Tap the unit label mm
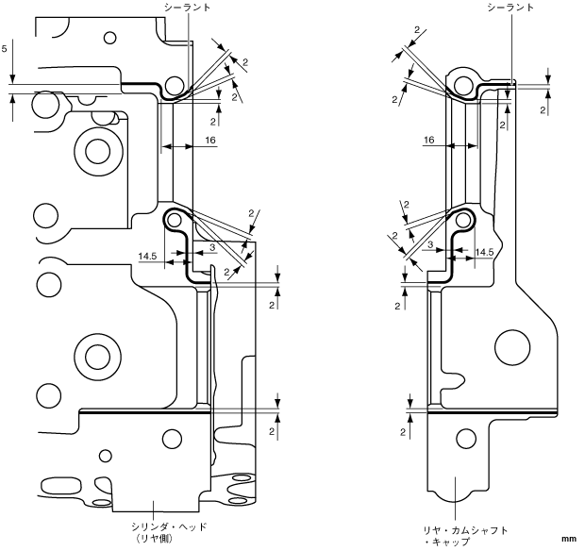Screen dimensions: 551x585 click(x=568, y=539)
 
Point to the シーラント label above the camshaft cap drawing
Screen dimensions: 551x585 click(x=510, y=7)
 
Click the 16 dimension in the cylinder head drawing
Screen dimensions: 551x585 click(x=209, y=139)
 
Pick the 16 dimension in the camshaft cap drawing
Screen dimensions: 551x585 click(x=428, y=139)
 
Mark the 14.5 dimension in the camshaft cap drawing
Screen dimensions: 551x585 click(x=484, y=253)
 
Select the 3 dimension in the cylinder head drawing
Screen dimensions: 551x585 click(x=212, y=246)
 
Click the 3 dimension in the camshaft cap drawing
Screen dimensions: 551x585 click(x=429, y=244)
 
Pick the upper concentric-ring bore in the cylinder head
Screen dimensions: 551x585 click(x=95, y=148)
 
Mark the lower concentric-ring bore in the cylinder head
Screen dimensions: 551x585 click(x=95, y=355)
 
